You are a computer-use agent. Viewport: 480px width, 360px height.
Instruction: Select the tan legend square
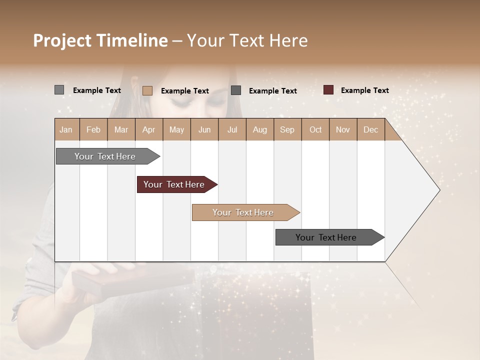[x=147, y=90]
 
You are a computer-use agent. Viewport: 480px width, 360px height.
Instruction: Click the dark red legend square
[x=328, y=90]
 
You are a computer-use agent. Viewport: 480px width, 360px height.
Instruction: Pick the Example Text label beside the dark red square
[x=364, y=90]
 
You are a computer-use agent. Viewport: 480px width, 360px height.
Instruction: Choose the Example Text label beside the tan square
[x=184, y=91]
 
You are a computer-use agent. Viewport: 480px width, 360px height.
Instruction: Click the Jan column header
[x=66, y=130]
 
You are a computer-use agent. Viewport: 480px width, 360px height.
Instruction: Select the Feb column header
[x=93, y=130]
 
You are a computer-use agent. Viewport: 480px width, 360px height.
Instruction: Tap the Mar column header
[x=121, y=130]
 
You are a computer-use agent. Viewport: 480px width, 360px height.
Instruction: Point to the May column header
[x=176, y=130]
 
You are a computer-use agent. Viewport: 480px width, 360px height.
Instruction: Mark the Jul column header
[x=232, y=130]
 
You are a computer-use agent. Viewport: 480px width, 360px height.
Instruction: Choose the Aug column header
[x=259, y=130]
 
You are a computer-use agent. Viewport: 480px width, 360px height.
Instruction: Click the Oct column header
[x=315, y=130]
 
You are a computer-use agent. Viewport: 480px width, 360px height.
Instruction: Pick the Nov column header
[x=343, y=130]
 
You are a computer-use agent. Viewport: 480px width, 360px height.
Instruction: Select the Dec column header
[x=370, y=130]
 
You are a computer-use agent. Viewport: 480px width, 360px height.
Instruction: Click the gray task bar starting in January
[x=105, y=156]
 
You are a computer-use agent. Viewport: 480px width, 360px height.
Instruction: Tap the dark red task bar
[x=174, y=184]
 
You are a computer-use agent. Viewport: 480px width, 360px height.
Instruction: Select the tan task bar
[x=243, y=212]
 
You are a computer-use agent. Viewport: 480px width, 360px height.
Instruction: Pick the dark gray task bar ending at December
[x=326, y=237]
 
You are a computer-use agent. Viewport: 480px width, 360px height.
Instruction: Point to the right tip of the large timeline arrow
[x=438, y=190]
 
